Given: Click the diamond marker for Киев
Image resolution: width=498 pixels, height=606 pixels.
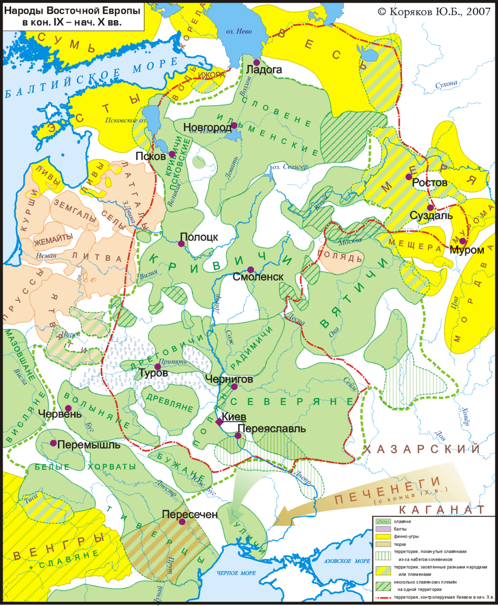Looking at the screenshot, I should tap(219, 422).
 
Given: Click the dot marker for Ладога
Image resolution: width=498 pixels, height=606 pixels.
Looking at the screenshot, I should tap(256, 62).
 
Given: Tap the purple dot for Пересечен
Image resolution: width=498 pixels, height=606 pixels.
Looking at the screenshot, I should tap(182, 522).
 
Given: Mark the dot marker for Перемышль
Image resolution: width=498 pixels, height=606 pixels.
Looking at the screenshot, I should tap(53, 443).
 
